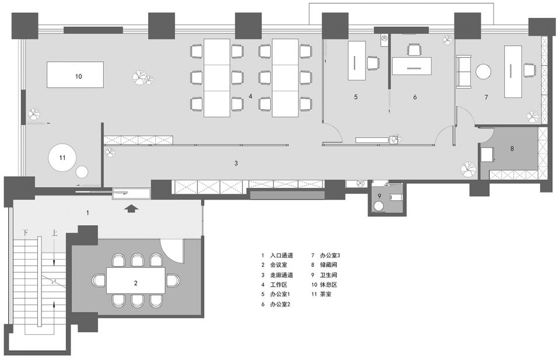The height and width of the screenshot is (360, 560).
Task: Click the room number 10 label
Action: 79,76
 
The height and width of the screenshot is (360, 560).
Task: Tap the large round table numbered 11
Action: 62,158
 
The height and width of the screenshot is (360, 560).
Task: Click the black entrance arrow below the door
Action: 131,208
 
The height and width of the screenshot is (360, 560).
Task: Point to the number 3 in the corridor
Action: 236,163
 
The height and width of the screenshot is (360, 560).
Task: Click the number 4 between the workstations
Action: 251,96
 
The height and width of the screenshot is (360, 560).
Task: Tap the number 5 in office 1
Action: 356,97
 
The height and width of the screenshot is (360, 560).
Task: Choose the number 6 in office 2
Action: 415,97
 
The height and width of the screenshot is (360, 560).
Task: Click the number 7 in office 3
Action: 486,97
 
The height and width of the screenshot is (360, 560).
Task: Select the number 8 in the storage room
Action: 512,148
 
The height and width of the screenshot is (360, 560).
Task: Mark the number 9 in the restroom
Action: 380,195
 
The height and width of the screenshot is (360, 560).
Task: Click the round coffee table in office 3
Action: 484,71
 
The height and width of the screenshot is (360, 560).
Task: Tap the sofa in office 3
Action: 464,71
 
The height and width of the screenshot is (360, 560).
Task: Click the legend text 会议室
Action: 279,265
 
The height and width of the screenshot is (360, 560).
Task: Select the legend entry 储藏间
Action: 328,265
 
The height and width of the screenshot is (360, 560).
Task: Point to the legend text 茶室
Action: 325,294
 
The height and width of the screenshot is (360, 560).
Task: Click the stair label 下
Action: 26,233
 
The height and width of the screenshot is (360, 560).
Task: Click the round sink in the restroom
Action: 378,206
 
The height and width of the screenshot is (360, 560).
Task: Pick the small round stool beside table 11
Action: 82,172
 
